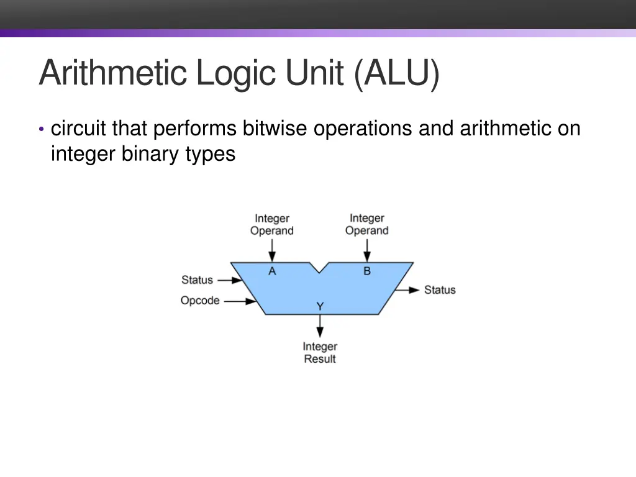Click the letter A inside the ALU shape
click(x=272, y=271)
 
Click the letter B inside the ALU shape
click(x=367, y=271)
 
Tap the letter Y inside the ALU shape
click(x=320, y=306)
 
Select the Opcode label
click(x=200, y=301)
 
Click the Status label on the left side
click(x=197, y=280)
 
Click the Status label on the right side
click(x=440, y=290)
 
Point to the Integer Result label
click(x=320, y=353)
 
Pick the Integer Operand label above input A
click(x=272, y=225)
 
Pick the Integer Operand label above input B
click(x=367, y=224)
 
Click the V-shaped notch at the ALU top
click(x=319, y=268)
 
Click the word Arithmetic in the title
click(x=112, y=74)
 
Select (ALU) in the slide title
click(x=397, y=74)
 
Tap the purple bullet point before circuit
click(x=41, y=129)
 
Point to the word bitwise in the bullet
click(x=275, y=129)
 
